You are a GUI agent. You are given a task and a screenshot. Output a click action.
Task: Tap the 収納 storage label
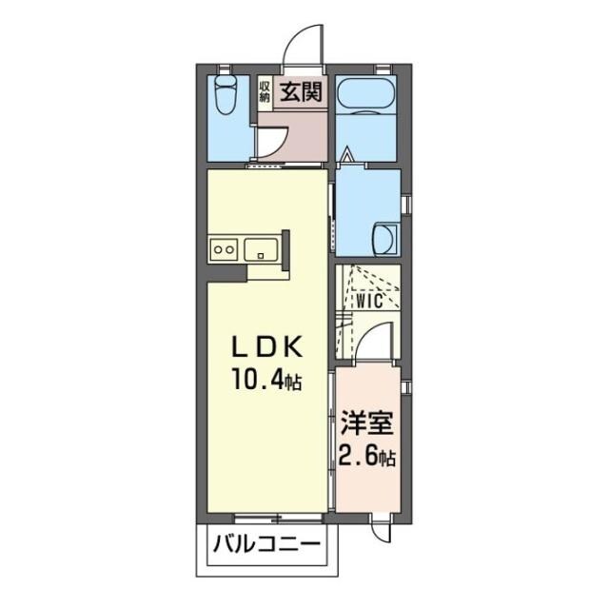(x=265, y=92)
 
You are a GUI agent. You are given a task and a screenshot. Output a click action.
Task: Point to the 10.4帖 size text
(x=265, y=383)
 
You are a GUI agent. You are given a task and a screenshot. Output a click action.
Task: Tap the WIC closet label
(x=369, y=302)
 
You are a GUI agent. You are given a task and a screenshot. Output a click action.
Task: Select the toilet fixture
(x=226, y=96)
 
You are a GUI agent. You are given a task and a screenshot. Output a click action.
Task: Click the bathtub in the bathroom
(x=366, y=95)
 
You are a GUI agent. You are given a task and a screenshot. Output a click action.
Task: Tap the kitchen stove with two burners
(x=226, y=250)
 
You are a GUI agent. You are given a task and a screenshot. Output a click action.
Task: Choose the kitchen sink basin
(x=260, y=250)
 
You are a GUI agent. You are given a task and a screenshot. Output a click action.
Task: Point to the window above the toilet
(x=225, y=67)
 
